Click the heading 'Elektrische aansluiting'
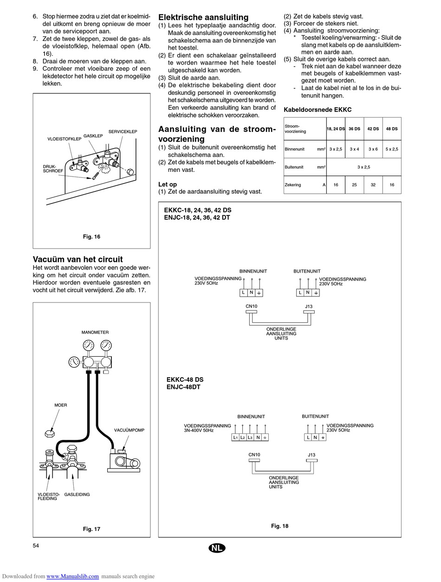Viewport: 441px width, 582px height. pyautogui.click(x=203, y=18)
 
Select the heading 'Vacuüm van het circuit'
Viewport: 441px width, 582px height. pyautogui.click(x=78, y=259)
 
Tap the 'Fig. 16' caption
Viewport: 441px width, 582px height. pyautogui.click(x=91, y=237)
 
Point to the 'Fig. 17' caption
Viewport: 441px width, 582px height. pyautogui.click(x=91, y=529)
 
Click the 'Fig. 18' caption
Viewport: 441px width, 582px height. pyautogui.click(x=279, y=526)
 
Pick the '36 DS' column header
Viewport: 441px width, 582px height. pyautogui.click(x=354, y=129)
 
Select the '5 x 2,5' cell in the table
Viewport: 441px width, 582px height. pyautogui.click(x=392, y=149)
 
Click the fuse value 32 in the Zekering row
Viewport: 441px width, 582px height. pyautogui.click(x=373, y=185)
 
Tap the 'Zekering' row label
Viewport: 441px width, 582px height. pyautogui.click(x=293, y=185)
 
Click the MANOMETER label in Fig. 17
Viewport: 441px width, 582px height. pyautogui.click(x=95, y=333)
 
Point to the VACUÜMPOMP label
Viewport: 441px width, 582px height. pyautogui.click(x=129, y=430)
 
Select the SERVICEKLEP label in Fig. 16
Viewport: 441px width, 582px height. pyautogui.click(x=123, y=132)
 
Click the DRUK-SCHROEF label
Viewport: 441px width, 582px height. pyautogui.click(x=53, y=168)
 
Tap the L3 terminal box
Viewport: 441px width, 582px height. pyautogui.click(x=250, y=438)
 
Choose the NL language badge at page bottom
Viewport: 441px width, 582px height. pyautogui.click(x=217, y=548)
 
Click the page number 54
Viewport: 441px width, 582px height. pyautogui.click(x=36, y=545)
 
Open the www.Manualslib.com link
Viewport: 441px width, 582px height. pyautogui.click(x=72, y=576)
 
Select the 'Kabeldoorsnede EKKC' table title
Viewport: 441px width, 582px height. pyautogui.click(x=318, y=110)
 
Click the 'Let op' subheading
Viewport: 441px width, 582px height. pyautogui.click(x=168, y=184)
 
